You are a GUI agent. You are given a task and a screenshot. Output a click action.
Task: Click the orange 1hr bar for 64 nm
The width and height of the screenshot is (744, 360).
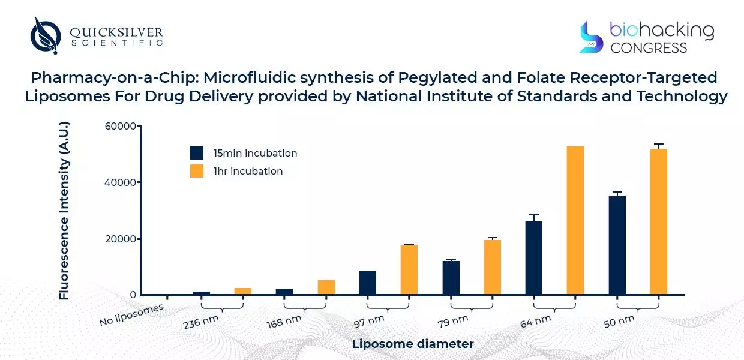coord(575,221)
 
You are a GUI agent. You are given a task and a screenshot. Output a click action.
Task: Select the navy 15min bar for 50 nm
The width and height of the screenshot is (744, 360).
coord(617,245)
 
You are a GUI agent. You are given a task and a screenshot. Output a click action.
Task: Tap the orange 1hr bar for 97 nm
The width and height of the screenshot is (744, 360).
coord(409,269)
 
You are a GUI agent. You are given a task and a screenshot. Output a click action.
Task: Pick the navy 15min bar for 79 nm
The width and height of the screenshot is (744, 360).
coord(451,278)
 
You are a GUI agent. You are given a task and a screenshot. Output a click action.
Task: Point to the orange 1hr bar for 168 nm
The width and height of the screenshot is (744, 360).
coord(326,287)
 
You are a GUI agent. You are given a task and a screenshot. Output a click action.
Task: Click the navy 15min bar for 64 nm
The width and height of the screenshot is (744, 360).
coord(534,258)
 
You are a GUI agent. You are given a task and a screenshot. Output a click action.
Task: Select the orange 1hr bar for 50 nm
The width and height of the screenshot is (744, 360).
coord(659,222)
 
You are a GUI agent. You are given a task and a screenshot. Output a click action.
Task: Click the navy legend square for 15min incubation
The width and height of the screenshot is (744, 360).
coord(197,153)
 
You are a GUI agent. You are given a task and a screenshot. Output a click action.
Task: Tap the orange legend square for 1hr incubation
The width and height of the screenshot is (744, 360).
coord(197,171)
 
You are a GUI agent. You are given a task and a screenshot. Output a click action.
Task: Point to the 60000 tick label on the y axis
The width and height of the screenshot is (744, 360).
coord(120,126)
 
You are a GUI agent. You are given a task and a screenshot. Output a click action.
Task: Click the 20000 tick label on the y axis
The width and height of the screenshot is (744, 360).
coord(121,239)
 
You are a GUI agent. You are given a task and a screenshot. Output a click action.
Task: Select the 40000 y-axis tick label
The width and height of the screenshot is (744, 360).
coord(120,182)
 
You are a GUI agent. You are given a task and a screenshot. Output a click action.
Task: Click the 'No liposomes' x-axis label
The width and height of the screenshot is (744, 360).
coord(131,314)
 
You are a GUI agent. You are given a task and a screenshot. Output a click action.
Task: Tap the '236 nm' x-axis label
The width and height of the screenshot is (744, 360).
coord(201,322)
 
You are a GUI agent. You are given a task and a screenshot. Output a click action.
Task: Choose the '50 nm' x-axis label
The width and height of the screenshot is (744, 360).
coord(619,322)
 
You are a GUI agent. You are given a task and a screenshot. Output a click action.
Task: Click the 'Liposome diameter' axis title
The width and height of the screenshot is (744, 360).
coord(413,344)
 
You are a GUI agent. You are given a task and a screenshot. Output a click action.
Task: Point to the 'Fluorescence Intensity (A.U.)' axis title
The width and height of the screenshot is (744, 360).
coord(64,211)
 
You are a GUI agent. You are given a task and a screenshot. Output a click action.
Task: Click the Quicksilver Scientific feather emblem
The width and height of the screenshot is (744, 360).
coord(46,35)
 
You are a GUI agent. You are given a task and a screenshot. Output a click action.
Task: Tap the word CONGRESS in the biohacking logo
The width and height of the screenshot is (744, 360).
coord(649,48)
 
